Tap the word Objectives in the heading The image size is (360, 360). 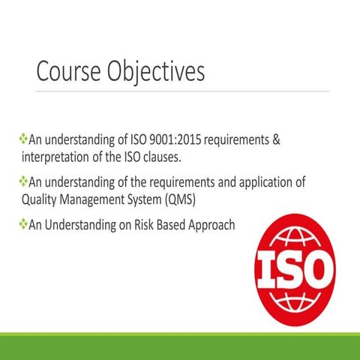154,73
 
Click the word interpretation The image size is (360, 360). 55,157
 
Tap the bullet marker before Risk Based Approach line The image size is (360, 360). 22,224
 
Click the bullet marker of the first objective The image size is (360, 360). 22,139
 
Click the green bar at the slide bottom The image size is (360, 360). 180,346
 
